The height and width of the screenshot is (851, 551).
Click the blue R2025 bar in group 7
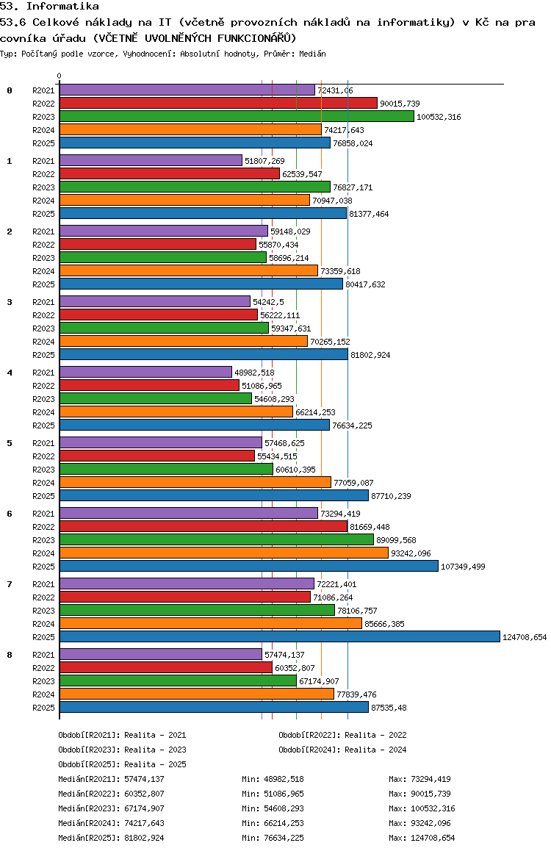pyautogui.click(x=279, y=637)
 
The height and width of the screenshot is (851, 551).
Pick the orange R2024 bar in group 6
pyautogui.click(x=223, y=553)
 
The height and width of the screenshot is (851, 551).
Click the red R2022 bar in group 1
pyautogui.click(x=169, y=174)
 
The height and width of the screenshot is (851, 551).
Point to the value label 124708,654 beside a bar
pyautogui.click(x=525, y=637)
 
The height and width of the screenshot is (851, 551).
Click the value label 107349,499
pyautogui.click(x=463, y=567)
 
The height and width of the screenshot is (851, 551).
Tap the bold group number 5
pyautogui.click(x=10, y=443)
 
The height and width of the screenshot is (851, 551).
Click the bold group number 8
pyautogui.click(x=10, y=655)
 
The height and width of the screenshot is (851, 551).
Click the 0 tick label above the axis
pyautogui.click(x=60, y=76)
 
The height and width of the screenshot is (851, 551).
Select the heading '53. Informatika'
pyautogui.click(x=50, y=6)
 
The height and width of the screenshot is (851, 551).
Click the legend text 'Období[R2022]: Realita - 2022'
pyautogui.click(x=342, y=735)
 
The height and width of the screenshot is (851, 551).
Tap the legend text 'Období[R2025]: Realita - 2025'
pyautogui.click(x=122, y=764)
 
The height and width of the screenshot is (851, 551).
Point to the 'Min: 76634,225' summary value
pyautogui.click(x=273, y=838)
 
